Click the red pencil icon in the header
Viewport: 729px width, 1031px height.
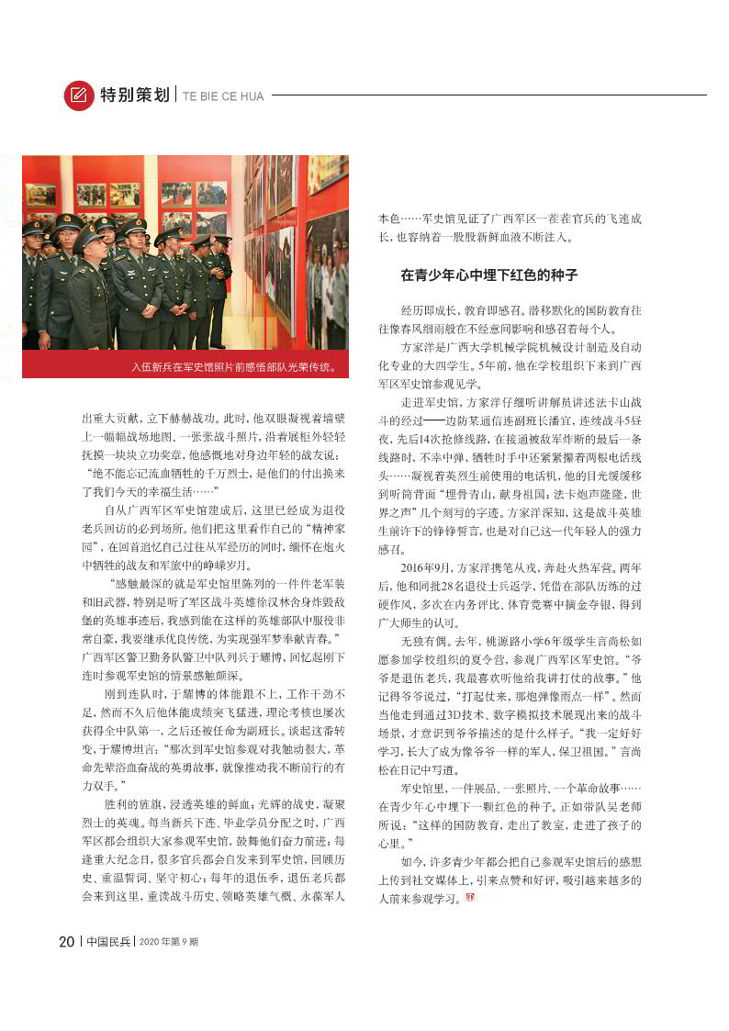coord(79,95)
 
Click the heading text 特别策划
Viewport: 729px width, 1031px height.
coord(134,95)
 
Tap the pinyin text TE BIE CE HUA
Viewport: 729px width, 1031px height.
coord(222,95)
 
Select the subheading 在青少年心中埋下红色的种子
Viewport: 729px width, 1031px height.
coord(488,275)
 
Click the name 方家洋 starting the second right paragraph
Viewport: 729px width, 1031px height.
coord(418,346)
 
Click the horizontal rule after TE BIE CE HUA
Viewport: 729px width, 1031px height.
coord(488,95)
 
